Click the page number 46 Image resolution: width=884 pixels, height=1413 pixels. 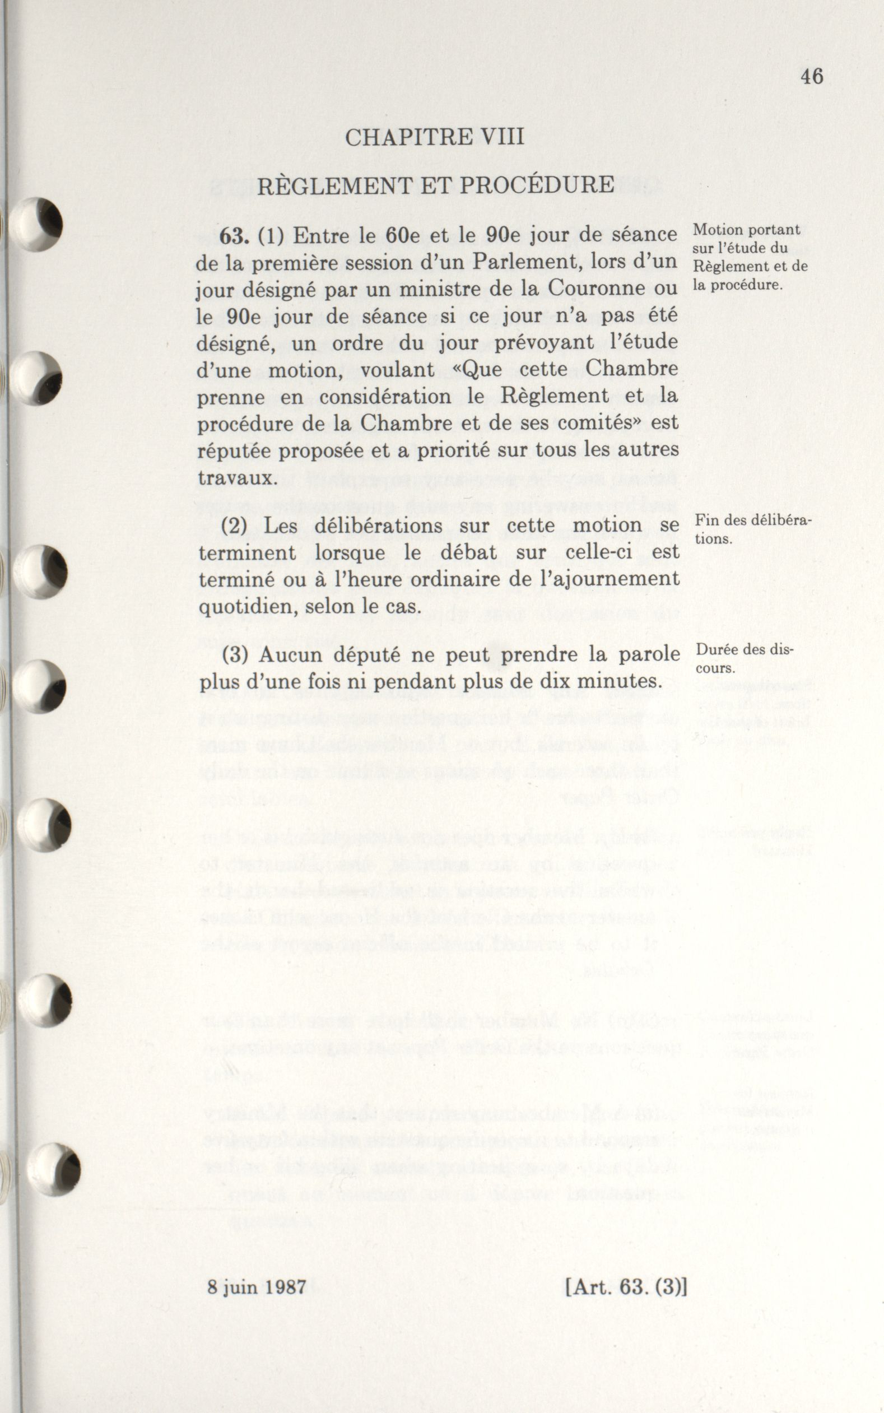coord(812,77)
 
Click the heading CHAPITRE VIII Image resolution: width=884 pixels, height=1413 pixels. coord(434,138)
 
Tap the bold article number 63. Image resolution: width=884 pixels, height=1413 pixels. coord(235,236)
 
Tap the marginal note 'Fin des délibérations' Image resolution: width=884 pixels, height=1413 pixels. coord(752,529)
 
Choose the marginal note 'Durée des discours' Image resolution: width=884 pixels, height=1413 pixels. coord(744,658)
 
